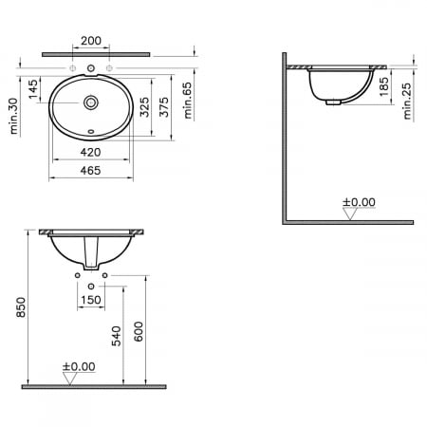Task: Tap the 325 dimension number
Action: coord(144,105)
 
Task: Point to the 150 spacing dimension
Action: coord(91,300)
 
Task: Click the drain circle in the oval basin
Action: coord(91,102)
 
